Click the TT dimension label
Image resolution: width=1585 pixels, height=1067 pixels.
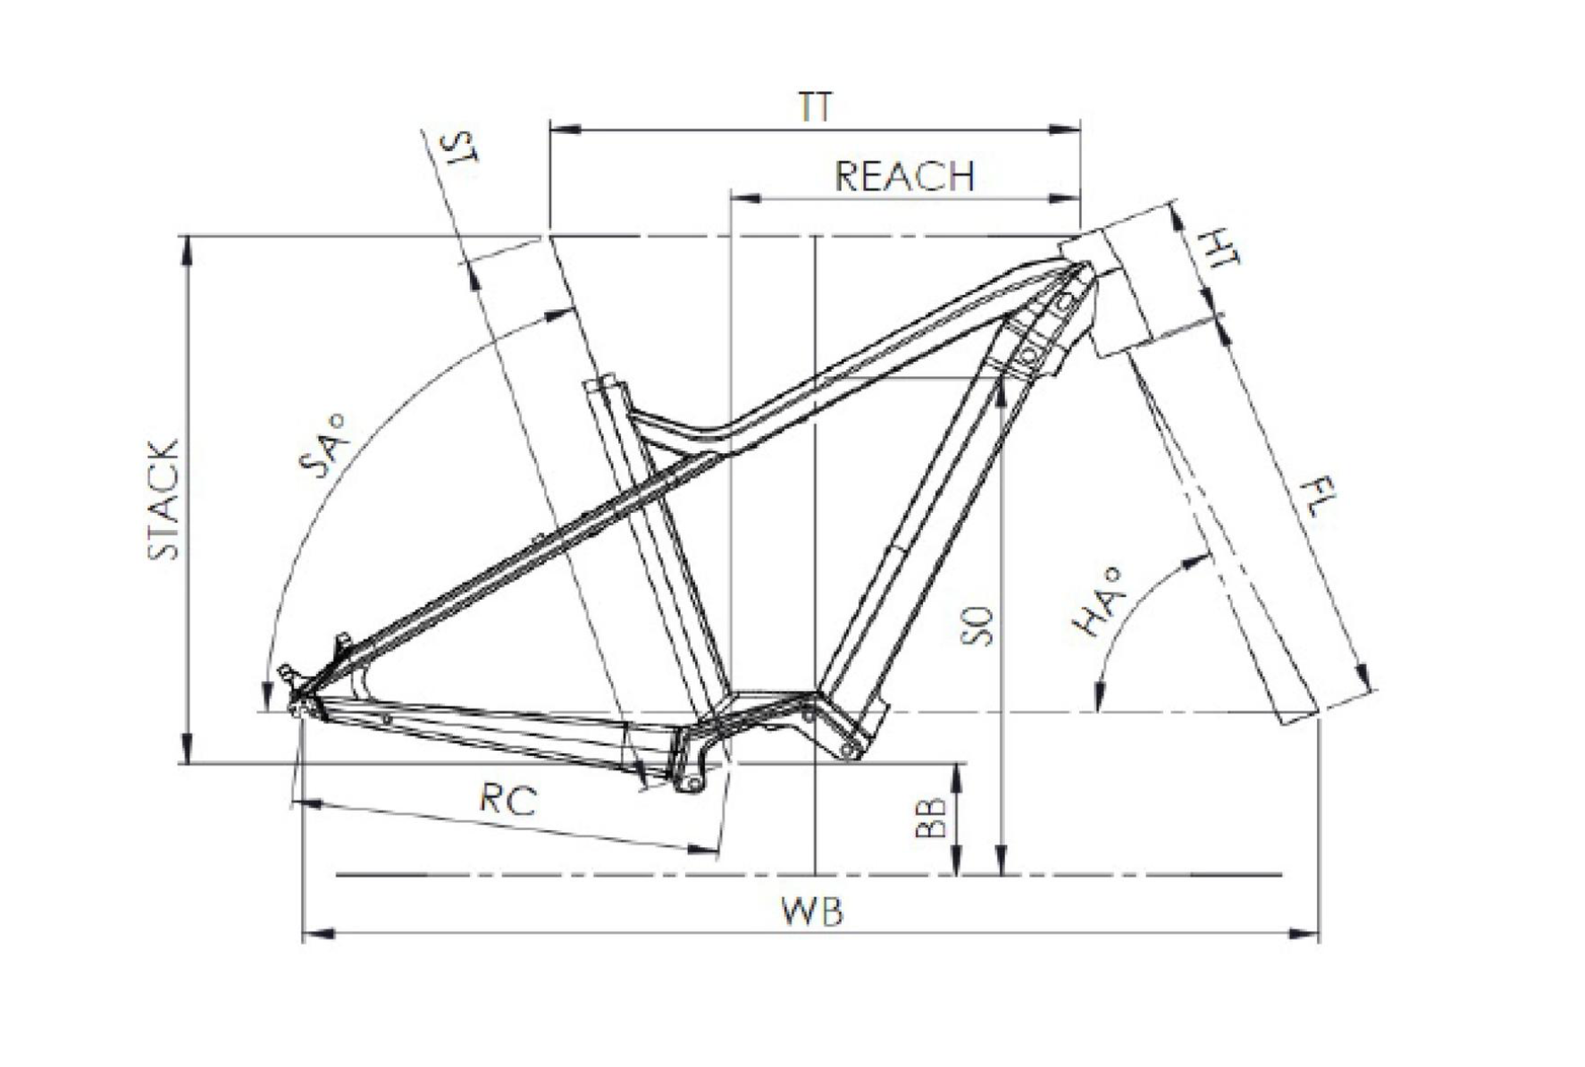coord(814,107)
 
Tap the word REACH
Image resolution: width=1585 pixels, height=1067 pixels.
coord(903,176)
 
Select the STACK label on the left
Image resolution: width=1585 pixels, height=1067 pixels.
coord(164,500)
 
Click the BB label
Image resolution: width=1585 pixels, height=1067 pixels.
coord(930,817)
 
